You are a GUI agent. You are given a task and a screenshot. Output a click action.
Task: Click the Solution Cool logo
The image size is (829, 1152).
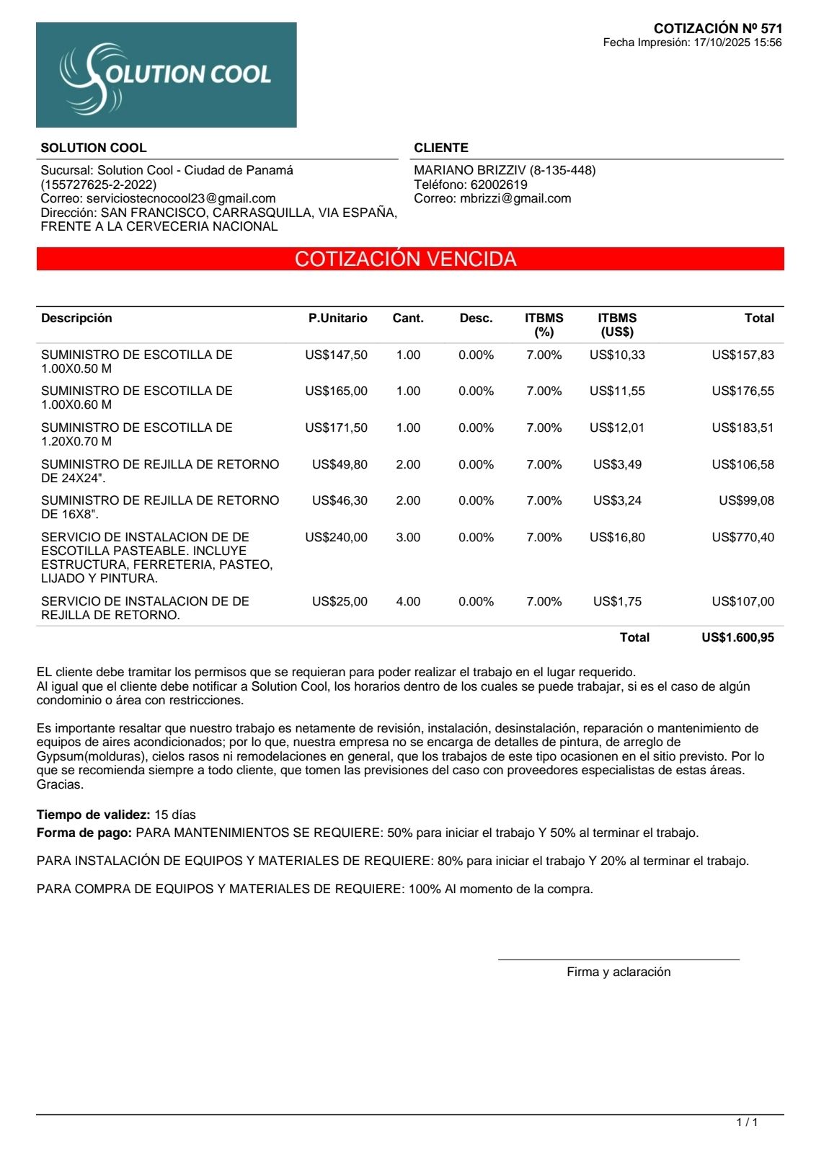[x=166, y=75]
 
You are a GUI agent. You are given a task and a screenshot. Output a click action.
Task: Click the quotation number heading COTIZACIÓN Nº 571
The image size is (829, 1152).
[x=717, y=29]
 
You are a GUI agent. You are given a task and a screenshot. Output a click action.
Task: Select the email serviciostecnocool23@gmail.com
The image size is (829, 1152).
[x=181, y=198]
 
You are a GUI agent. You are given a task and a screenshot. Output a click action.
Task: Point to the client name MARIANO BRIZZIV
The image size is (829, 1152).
[x=469, y=170]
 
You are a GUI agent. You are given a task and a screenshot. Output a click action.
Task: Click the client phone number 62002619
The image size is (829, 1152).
[x=499, y=185]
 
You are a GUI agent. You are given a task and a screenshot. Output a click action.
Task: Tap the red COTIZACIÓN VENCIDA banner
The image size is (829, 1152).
[x=409, y=259]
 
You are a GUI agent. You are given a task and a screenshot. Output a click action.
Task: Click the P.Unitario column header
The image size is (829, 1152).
[x=337, y=318]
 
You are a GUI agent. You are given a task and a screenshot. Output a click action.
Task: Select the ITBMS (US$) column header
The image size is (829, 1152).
[x=617, y=324]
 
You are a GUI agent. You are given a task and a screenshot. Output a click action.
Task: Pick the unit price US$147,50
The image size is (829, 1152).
[x=336, y=355]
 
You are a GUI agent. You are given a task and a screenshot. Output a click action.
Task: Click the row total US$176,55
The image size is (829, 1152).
[x=742, y=391]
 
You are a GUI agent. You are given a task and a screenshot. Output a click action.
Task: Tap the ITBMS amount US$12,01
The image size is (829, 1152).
[x=617, y=427]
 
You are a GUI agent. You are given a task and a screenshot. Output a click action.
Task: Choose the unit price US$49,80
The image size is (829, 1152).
[x=340, y=464]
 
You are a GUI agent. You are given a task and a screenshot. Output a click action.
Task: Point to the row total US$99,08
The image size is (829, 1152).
[x=746, y=500]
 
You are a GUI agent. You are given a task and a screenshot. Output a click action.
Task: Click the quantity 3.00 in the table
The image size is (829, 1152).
[x=408, y=537]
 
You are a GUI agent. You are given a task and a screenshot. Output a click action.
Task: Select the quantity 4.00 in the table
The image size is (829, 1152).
[x=408, y=601]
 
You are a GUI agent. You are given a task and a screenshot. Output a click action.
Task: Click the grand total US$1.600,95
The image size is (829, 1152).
[x=737, y=637]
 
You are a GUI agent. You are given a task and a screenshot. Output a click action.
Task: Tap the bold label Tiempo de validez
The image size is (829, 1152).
[x=93, y=815]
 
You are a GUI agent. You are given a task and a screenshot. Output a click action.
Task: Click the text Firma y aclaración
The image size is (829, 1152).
[x=619, y=972]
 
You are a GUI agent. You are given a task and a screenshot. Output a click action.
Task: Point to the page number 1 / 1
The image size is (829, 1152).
[x=747, y=1122]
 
